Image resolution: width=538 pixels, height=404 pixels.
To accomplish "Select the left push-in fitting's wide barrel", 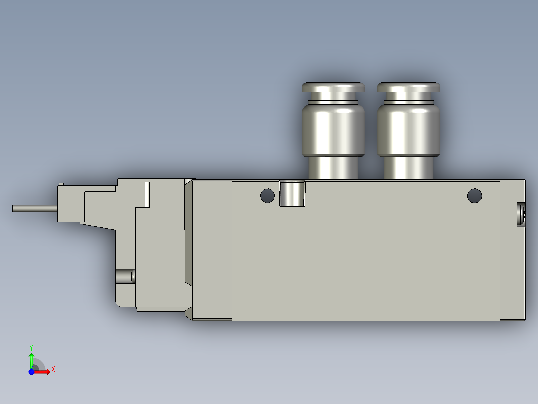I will [x=333, y=130].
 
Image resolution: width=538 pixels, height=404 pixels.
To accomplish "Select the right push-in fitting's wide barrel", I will [x=408, y=130].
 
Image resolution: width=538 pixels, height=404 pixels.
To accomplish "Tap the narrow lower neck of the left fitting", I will [x=333, y=168].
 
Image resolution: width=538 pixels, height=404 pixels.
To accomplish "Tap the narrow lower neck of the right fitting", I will [x=408, y=168].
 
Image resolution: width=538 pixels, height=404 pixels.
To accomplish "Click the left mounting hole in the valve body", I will [x=268, y=196].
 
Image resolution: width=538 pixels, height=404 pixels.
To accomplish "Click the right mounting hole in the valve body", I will [x=474, y=195].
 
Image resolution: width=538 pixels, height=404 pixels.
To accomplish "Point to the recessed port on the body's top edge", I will [x=292, y=193].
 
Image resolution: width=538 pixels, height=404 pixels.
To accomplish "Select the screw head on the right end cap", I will [x=521, y=214].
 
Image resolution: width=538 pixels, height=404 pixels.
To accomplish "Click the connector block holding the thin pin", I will [x=70, y=205].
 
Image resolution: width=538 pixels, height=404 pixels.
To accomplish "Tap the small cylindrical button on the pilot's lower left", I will [x=125, y=276].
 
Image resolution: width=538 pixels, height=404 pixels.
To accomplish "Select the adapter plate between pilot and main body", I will [x=212, y=250].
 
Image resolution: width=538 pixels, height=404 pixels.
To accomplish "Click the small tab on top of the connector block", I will [x=61, y=184].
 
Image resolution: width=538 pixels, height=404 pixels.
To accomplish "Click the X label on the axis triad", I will [x=53, y=369].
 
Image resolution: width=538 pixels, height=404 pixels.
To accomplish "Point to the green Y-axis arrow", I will [x=31, y=359].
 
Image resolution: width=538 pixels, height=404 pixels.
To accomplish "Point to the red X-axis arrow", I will [x=43, y=372].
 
